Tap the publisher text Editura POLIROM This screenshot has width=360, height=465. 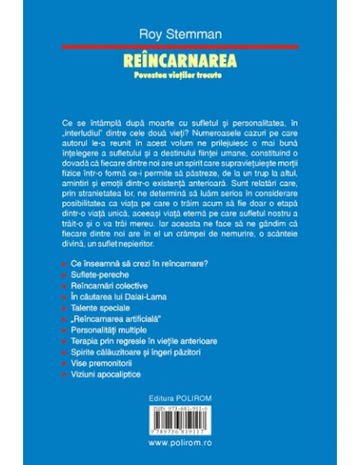tap(179, 397)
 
